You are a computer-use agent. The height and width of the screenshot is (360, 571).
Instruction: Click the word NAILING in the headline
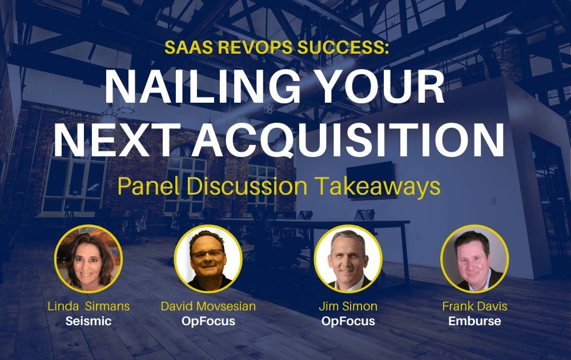[x=203, y=87]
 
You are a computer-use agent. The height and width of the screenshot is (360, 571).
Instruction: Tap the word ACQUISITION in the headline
[x=348, y=140]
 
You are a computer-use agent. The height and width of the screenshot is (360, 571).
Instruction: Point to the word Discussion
[x=247, y=186]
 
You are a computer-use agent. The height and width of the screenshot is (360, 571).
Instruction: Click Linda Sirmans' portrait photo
[x=89, y=259]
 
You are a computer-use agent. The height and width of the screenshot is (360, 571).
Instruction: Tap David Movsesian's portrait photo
[x=208, y=259]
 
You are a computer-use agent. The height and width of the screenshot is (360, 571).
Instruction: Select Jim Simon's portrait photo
[x=348, y=259]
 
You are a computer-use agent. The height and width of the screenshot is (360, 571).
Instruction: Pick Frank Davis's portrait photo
[x=475, y=259]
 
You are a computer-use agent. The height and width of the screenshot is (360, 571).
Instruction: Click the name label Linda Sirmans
[x=89, y=306]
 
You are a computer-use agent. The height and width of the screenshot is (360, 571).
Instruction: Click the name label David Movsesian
[x=208, y=306]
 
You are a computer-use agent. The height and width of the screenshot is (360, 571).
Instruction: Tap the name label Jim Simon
[x=348, y=306]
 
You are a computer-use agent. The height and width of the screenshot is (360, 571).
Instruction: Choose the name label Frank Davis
[x=475, y=306]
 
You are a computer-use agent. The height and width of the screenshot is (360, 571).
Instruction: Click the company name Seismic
[x=89, y=321]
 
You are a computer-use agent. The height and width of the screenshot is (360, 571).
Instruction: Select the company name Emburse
[x=475, y=321]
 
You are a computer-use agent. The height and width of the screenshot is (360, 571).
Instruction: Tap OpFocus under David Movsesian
[x=208, y=321]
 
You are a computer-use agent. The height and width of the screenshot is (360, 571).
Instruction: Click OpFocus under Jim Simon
[x=348, y=321]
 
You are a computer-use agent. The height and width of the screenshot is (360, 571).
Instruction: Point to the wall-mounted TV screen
[x=371, y=180]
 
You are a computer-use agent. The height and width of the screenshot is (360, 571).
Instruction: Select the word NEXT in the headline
[x=118, y=140]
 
